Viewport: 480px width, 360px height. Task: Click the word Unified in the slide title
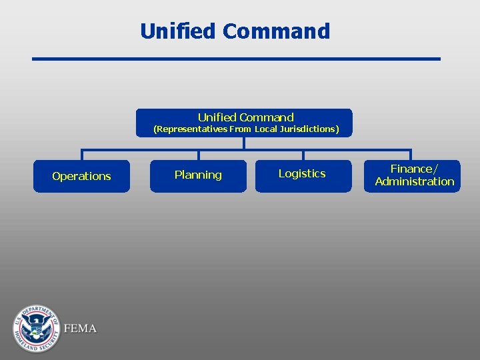(x=178, y=31)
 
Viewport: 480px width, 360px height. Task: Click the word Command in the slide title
(x=276, y=31)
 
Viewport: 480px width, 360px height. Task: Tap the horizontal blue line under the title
(x=237, y=59)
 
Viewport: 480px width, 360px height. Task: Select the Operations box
(x=81, y=176)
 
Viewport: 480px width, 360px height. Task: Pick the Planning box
(x=198, y=175)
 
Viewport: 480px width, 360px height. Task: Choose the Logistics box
(x=303, y=174)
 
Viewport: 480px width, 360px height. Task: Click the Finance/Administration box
(x=412, y=175)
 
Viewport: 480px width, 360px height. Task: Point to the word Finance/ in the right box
(x=414, y=169)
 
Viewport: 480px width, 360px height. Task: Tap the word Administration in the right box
(x=414, y=181)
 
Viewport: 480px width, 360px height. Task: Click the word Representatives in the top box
(x=190, y=129)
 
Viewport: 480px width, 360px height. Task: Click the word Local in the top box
(x=265, y=129)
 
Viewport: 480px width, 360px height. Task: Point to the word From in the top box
(x=240, y=129)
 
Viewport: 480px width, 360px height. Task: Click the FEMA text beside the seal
(x=80, y=329)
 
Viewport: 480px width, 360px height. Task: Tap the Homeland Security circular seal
(x=36, y=328)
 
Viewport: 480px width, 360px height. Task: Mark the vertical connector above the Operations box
(x=81, y=155)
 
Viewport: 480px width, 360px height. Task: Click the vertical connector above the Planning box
(x=198, y=155)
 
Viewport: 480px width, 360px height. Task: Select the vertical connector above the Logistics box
(x=303, y=155)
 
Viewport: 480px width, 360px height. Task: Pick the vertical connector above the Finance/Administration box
(x=410, y=155)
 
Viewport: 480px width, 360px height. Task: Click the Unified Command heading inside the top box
(x=245, y=117)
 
